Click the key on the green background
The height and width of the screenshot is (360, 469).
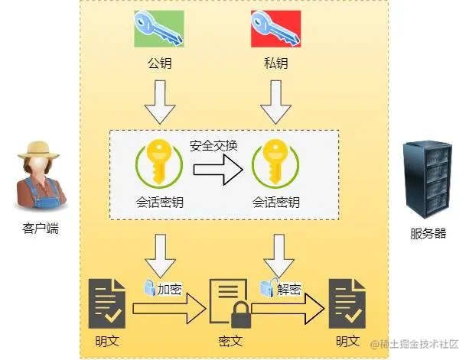159,30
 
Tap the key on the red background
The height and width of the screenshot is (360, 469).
275,30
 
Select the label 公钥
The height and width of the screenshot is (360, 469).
159,63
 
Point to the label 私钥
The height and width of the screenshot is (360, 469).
275,63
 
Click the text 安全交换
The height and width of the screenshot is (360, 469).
214,145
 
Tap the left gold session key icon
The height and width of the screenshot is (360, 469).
159,164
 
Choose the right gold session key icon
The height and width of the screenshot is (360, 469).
275,164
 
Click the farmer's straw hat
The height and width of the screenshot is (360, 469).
39,148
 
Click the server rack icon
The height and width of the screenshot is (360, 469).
428,178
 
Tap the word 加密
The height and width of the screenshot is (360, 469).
170,290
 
